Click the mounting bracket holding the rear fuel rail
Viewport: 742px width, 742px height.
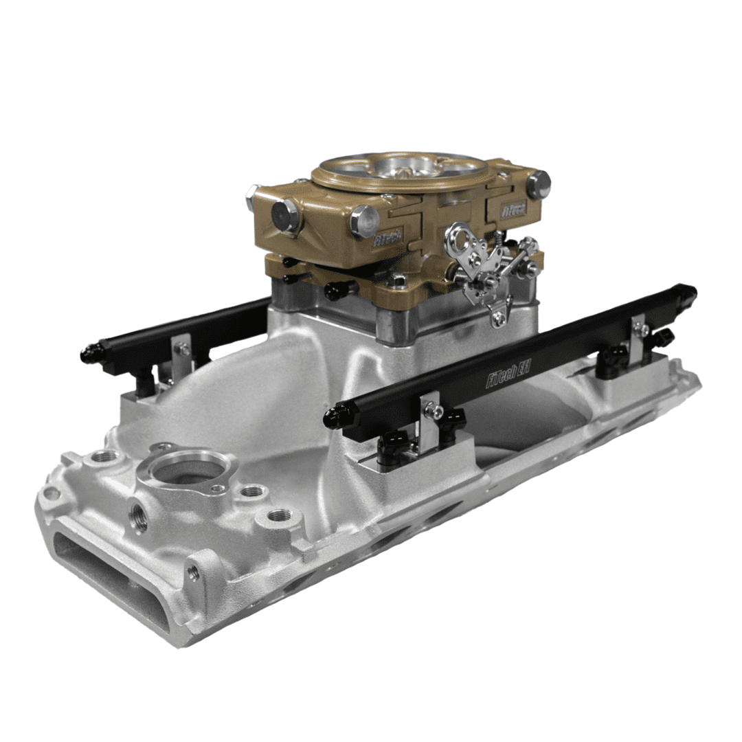pyautogui.click(x=181, y=355)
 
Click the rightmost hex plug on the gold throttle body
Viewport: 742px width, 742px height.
pyautogui.click(x=539, y=183)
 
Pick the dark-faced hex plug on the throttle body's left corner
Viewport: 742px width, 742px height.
pyautogui.click(x=284, y=216)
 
